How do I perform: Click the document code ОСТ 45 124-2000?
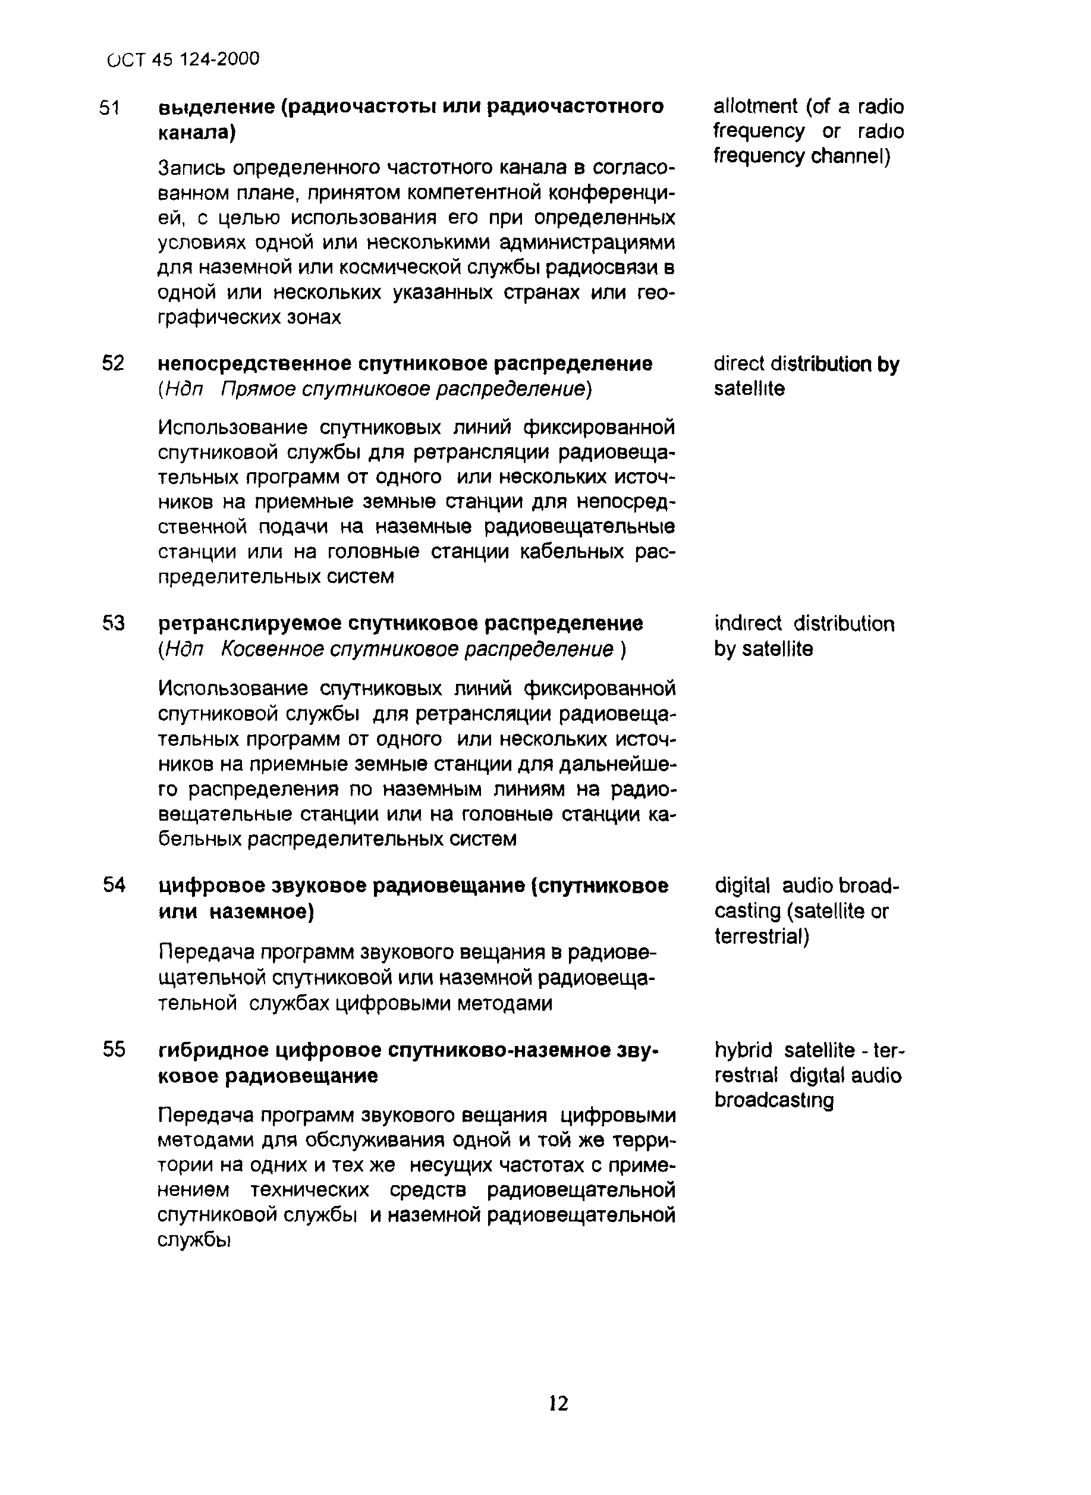pos(183,59)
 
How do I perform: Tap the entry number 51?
pos(109,108)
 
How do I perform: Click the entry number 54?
pos(114,885)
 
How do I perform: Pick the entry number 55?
pos(114,1050)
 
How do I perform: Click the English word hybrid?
pos(743,1050)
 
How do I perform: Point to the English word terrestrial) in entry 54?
pos(762,936)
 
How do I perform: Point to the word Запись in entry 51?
pos(192,169)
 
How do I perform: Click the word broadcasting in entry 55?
pos(774,1101)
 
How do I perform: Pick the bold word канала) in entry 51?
pos(196,133)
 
